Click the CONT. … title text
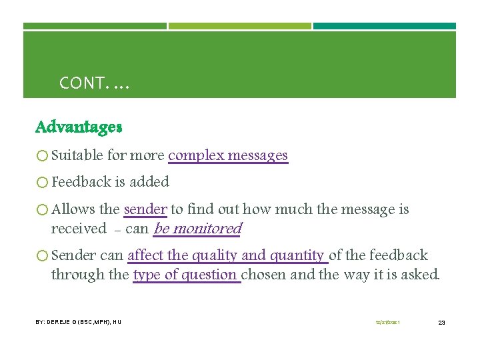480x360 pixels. pos(95,83)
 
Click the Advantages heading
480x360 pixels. pos(79,127)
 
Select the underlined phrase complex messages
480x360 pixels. pos(228,155)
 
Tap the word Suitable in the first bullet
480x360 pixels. pos(77,155)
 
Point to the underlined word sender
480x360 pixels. pos(145,209)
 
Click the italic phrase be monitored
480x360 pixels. pos(197,229)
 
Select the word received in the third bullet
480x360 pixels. pos(79,229)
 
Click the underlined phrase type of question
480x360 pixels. pos(186,275)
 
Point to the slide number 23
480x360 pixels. pos(441,323)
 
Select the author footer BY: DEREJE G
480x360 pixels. pos(78,323)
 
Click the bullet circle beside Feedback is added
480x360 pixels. pos(43,182)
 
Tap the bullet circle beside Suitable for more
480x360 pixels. pos(43,156)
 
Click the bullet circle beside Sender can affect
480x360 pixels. pos(43,256)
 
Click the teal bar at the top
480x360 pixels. pos(385,27)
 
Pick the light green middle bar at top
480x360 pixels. pos(240,27)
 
